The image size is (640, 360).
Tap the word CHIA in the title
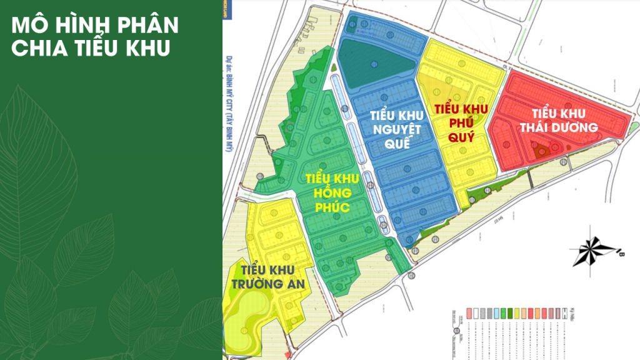[37, 49]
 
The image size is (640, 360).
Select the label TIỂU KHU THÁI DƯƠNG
[559, 120]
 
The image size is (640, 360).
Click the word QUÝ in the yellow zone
[462, 136]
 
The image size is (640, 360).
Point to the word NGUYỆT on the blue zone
[396, 129]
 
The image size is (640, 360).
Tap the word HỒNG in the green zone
[332, 192]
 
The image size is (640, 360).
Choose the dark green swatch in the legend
[512, 311]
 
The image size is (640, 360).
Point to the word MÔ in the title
[26, 26]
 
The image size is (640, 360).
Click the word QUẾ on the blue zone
[397, 143]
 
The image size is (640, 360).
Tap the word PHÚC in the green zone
[332, 207]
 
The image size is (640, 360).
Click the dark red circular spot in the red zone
[542, 149]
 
